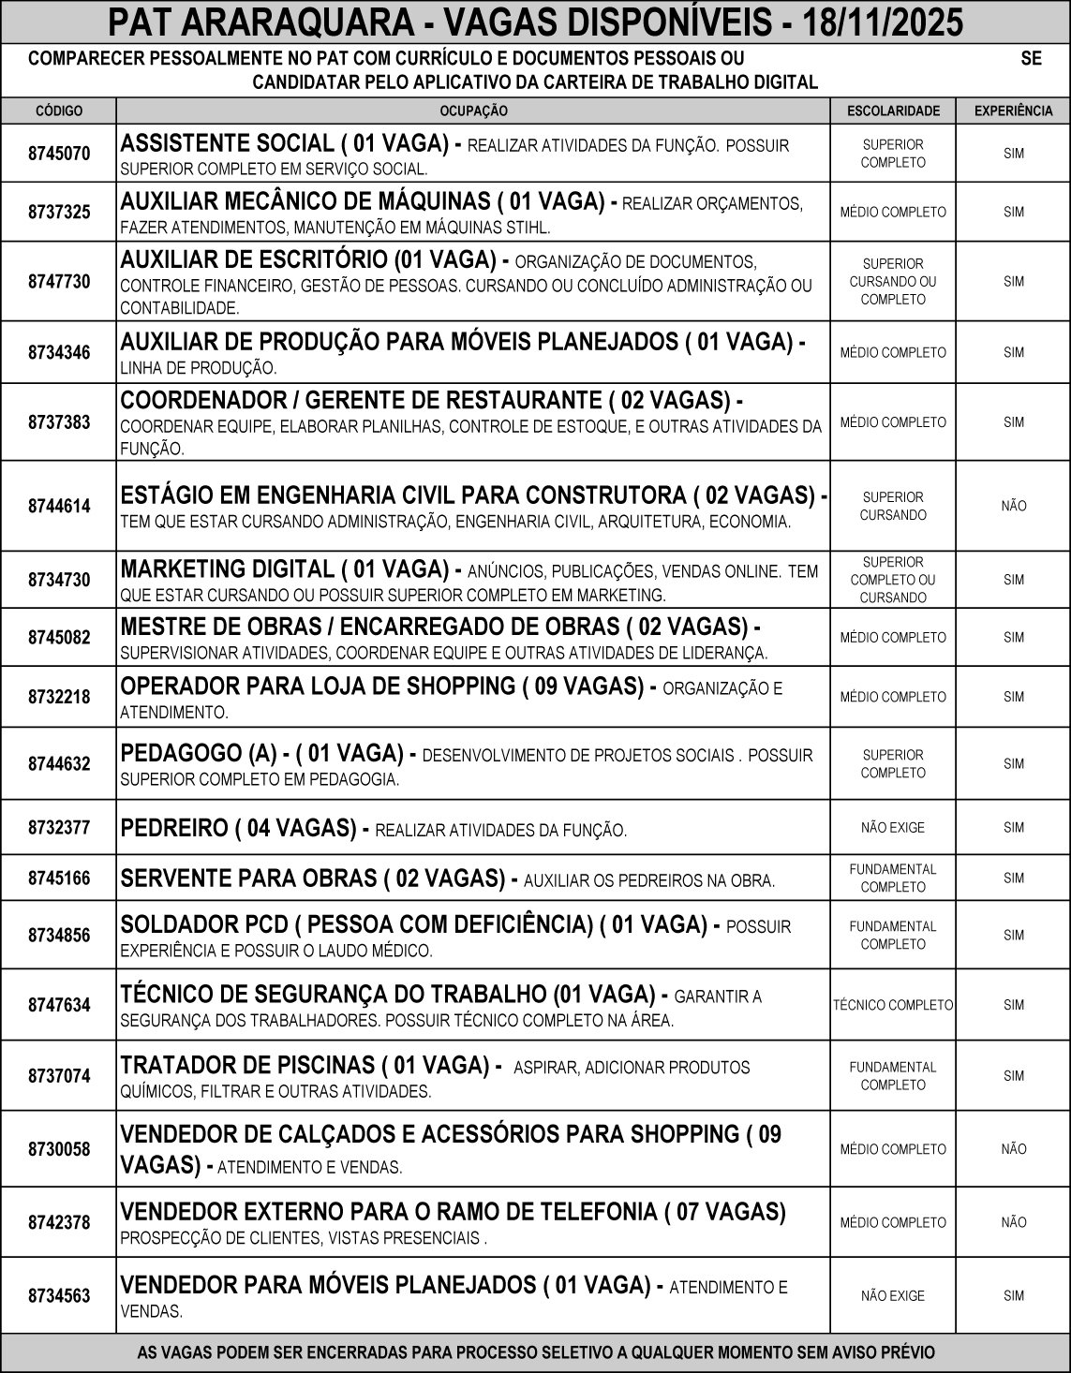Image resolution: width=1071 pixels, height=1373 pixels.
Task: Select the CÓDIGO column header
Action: [59, 111]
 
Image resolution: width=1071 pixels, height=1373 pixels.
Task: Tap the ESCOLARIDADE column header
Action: [893, 111]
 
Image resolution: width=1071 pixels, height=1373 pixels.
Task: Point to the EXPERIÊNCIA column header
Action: [1014, 111]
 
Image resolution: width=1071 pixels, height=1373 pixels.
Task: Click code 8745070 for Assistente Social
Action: [59, 154]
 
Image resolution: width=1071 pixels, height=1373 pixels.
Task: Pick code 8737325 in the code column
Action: [59, 213]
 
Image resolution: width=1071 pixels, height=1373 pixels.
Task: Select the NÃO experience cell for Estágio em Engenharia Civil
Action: [1014, 506]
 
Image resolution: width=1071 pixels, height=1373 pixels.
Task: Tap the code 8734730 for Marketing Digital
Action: [59, 580]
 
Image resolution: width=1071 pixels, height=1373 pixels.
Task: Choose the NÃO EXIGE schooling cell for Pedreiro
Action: [893, 828]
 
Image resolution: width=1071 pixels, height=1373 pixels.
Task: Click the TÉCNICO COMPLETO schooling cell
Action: [893, 1005]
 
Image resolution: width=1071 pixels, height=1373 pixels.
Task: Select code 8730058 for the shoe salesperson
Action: [59, 1149]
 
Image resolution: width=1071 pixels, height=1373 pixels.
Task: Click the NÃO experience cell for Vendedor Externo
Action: [1014, 1222]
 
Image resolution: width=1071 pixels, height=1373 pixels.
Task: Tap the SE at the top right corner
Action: [1031, 58]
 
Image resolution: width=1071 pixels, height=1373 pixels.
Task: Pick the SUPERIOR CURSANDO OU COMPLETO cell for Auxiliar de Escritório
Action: [893, 281]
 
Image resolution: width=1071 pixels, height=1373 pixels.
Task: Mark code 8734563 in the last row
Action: [59, 1296]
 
